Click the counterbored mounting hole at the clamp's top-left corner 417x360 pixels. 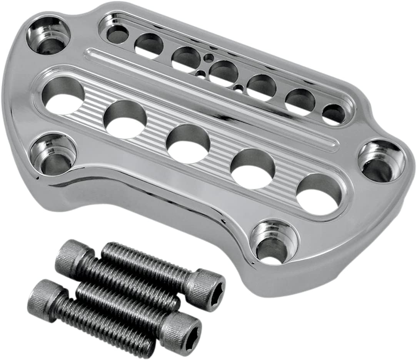pos(48,36)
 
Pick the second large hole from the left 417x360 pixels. pos(125,119)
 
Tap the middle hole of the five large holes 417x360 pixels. pos(188,144)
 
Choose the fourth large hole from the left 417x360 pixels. pos(253,168)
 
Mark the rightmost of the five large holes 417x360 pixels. pos(319,194)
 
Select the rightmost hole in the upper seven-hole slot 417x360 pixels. pos(333,114)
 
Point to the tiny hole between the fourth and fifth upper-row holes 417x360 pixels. pos(239,89)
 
